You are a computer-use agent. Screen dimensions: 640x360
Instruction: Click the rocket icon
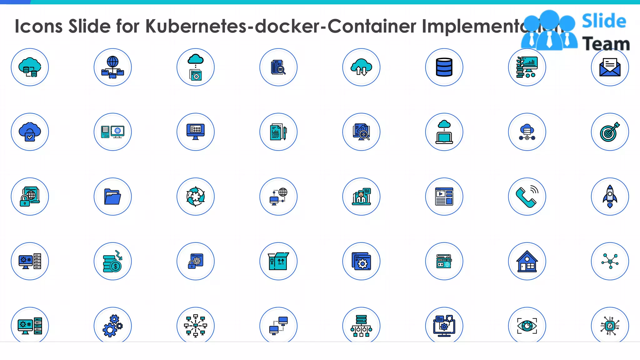pyautogui.click(x=610, y=197)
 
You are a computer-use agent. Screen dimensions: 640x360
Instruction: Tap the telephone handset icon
pyautogui.click(x=527, y=197)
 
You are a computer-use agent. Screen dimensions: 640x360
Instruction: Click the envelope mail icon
pyautogui.click(x=610, y=67)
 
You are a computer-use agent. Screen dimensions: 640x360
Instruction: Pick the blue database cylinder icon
pyautogui.click(x=444, y=67)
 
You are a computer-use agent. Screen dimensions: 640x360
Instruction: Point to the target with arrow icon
pyautogui.click(x=610, y=132)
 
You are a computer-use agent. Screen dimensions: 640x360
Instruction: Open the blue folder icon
pyautogui.click(x=112, y=197)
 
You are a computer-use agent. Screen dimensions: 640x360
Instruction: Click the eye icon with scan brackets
pyautogui.click(x=527, y=326)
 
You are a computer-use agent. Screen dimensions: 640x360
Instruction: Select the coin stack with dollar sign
pyautogui.click(x=112, y=261)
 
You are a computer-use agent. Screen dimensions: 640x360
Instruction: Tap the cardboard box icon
pyautogui.click(x=278, y=261)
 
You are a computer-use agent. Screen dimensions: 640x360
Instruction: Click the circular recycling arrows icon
pyautogui.click(x=195, y=197)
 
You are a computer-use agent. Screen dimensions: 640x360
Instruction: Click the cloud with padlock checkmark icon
pyautogui.click(x=30, y=132)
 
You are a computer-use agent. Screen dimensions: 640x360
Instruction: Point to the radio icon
pyautogui.click(x=444, y=261)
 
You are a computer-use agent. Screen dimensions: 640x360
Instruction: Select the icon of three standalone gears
pyautogui.click(x=112, y=326)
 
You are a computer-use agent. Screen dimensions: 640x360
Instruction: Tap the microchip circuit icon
pyautogui.click(x=610, y=326)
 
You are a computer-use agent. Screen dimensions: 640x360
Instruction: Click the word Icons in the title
pyautogui.click(x=39, y=26)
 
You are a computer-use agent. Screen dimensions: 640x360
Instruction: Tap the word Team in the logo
pyautogui.click(x=606, y=44)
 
